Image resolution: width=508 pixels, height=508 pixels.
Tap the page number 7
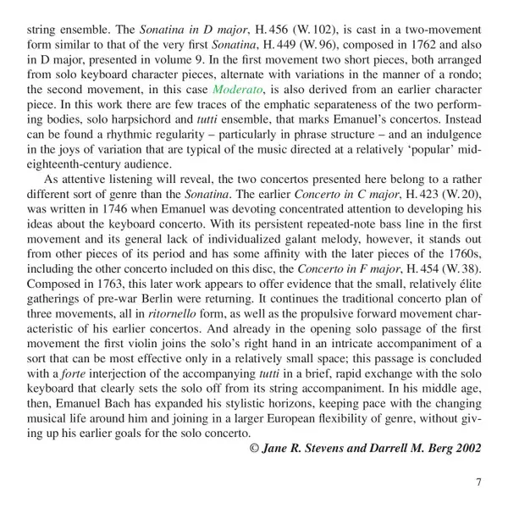coord(478,483)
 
